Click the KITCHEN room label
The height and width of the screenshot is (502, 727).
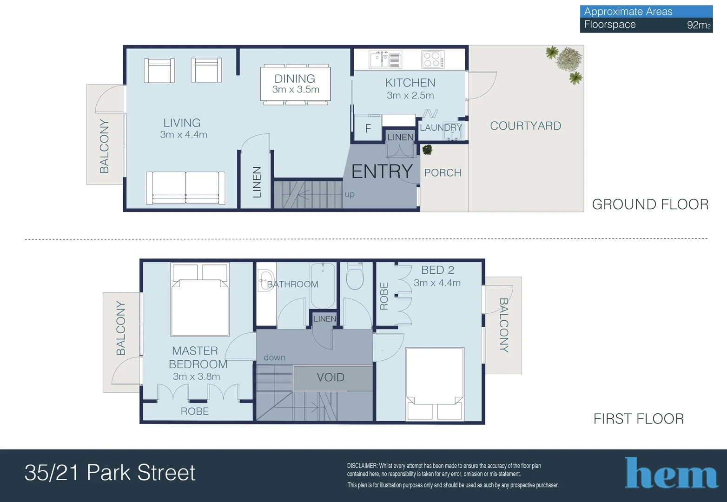[x=410, y=83]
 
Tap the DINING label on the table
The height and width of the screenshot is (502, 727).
[x=295, y=79]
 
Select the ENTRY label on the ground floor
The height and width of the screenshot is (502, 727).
[x=382, y=172]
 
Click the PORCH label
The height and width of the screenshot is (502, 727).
[x=443, y=173]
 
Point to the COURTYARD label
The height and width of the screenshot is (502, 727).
[x=525, y=126]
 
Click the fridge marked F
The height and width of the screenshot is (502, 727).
[x=368, y=128]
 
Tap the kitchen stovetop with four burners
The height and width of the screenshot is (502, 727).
[x=432, y=59]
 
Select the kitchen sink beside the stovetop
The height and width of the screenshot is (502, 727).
[x=385, y=59]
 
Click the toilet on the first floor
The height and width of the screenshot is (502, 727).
[x=355, y=276]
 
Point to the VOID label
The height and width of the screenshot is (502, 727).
[x=330, y=377]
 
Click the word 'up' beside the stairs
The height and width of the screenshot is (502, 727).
[x=350, y=194]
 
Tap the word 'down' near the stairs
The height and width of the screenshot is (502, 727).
[x=274, y=357]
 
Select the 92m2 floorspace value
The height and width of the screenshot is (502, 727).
[x=698, y=25]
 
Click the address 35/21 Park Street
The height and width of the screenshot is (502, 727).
[x=110, y=473]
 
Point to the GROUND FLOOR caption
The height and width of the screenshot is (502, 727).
[x=650, y=205]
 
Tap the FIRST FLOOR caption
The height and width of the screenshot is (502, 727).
[x=638, y=419]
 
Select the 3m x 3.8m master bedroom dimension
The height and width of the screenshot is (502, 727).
[x=196, y=376]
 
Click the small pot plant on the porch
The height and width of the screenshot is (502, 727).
[x=427, y=150]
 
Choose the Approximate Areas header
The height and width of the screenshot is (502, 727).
[x=628, y=12]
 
